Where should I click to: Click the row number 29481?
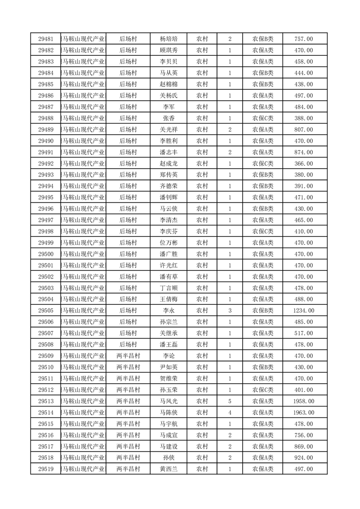46,39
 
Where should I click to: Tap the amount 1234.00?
304,311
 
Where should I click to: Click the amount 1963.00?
304,413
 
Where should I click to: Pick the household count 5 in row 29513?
230,401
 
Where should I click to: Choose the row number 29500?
46,254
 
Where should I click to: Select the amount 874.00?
304,152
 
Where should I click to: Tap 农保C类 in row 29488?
263,118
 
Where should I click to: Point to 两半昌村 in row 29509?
128,356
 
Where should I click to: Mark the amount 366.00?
304,164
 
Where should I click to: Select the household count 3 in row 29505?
230,311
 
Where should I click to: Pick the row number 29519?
46,469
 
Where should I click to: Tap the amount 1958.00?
304,401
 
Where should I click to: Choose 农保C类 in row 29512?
263,390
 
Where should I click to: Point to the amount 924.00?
304,458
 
